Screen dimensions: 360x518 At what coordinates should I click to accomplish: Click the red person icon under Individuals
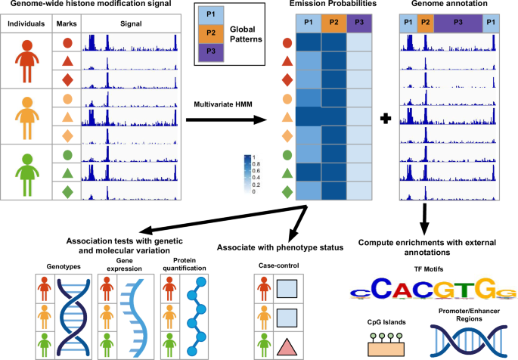tap(26, 60)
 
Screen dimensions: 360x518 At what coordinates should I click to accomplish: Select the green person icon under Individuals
tap(26, 172)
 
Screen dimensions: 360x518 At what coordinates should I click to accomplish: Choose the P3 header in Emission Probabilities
tap(360, 23)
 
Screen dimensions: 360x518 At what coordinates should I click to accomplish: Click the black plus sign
tap(386, 119)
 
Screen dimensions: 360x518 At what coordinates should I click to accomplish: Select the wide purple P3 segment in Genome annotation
tap(459, 23)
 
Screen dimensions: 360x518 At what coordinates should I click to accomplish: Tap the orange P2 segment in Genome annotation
tap(425, 23)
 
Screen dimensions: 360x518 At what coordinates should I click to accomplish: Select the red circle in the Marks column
tap(66, 44)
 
